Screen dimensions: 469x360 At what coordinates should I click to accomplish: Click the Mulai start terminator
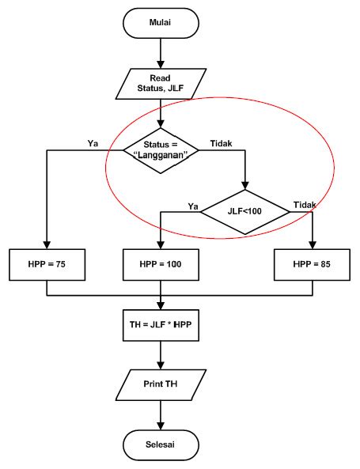pos(161,23)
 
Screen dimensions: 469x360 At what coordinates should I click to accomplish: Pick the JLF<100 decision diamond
pos(244,211)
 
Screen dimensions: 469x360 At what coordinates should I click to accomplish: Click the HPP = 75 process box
pos(47,265)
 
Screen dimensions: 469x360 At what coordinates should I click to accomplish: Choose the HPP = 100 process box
pos(161,265)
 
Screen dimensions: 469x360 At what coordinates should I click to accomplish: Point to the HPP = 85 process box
pos(312,265)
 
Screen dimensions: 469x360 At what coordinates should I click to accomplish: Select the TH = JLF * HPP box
pos(161,324)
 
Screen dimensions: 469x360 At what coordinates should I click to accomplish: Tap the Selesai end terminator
pos(161,444)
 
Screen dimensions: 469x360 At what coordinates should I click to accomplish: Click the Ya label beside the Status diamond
pos(92,143)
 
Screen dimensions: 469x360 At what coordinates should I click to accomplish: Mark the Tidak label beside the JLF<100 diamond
pos(305,205)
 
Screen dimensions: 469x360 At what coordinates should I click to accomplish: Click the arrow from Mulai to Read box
pos(161,54)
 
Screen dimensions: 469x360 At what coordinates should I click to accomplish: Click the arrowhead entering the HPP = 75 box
pos(47,244)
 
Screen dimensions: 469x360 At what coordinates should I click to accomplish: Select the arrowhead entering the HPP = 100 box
pos(161,244)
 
